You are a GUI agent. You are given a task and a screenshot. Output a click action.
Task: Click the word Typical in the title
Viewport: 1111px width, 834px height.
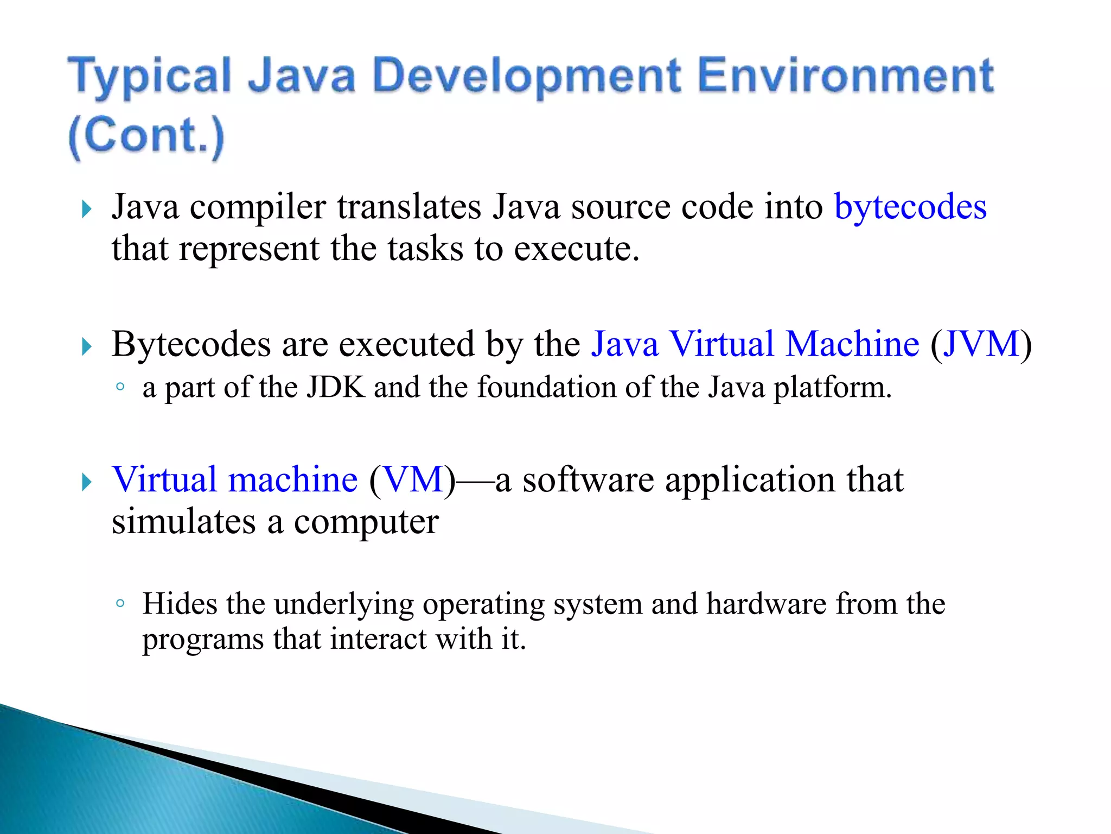(150, 76)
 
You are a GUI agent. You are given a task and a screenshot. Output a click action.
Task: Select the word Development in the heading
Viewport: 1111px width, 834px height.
(527, 76)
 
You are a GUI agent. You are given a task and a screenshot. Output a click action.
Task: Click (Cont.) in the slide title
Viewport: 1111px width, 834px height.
(146, 136)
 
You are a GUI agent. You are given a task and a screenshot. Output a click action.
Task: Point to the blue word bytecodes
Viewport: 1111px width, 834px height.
(910, 207)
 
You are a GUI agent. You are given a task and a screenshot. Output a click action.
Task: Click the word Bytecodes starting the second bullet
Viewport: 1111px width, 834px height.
(191, 345)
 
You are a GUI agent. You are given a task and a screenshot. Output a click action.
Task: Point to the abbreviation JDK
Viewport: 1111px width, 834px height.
(336, 388)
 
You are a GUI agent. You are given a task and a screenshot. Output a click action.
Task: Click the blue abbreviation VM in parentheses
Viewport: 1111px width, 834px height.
(413, 479)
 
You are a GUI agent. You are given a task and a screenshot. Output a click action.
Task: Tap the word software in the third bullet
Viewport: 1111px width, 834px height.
(588, 479)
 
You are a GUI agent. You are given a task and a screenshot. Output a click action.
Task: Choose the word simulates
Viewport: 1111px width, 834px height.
(183, 522)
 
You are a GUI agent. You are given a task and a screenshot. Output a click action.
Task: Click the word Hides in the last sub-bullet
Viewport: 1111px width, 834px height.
(180, 603)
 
